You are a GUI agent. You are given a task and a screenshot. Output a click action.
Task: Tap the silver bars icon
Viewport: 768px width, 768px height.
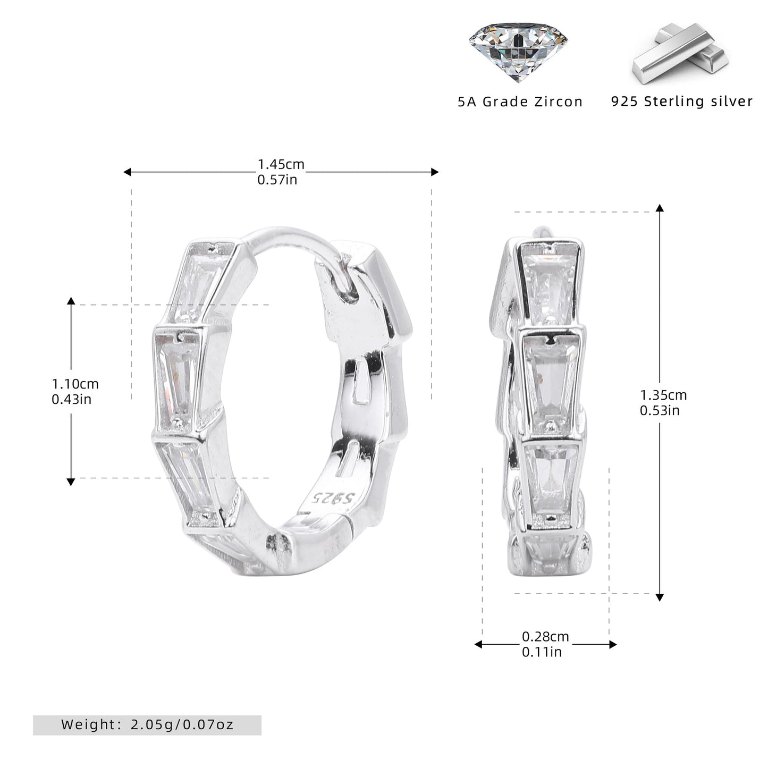(680, 53)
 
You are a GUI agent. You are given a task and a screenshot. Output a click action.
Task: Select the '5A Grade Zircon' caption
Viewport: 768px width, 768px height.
(520, 102)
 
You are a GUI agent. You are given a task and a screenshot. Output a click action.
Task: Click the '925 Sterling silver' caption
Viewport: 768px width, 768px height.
(682, 102)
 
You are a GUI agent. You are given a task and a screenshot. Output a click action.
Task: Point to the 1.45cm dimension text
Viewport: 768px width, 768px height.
(281, 164)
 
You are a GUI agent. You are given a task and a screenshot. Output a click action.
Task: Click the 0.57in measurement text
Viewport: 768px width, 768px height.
(277, 180)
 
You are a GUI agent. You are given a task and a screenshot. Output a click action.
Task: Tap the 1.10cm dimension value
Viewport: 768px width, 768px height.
(75, 384)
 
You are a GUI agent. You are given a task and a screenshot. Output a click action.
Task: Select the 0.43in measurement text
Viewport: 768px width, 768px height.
(72, 399)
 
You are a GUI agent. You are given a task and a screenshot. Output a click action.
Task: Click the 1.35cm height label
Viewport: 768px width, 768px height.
(664, 395)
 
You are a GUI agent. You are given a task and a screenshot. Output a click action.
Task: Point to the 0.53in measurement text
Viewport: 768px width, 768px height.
(660, 410)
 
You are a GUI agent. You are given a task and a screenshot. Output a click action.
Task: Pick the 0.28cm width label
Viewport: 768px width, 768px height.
(546, 637)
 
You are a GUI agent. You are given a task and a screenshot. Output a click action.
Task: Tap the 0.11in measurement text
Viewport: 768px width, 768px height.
(542, 652)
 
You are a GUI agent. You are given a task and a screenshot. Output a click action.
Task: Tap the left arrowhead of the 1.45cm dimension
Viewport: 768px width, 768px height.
(127, 172)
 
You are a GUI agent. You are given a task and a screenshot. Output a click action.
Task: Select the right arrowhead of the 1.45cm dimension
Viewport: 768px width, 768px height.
(435, 172)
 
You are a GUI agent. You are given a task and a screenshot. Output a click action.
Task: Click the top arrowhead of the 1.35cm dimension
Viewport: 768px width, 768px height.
(660, 208)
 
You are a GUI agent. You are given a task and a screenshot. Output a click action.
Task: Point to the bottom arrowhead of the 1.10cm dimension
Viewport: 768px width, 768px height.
(71, 482)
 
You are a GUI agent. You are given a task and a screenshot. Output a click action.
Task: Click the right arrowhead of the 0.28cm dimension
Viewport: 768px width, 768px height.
(613, 645)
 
